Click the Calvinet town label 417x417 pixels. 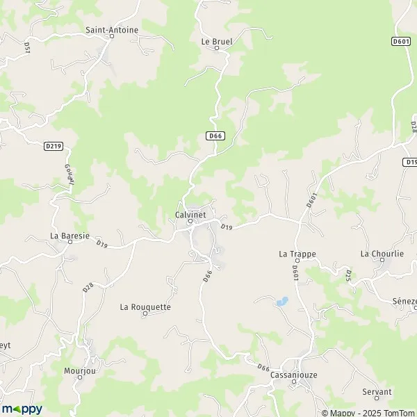(190, 215)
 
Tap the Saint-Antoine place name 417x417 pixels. (112, 30)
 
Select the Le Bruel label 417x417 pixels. (216, 41)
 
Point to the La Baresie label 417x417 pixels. (69, 236)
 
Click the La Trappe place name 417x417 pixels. (297, 254)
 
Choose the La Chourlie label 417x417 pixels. (382, 254)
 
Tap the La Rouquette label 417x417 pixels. (145, 306)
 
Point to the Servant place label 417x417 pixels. (377, 392)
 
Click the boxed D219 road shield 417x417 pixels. (53, 146)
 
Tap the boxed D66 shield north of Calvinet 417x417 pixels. (215, 136)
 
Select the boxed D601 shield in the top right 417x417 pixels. (400, 42)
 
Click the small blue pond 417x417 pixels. (281, 302)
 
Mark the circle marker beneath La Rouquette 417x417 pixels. (145, 314)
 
